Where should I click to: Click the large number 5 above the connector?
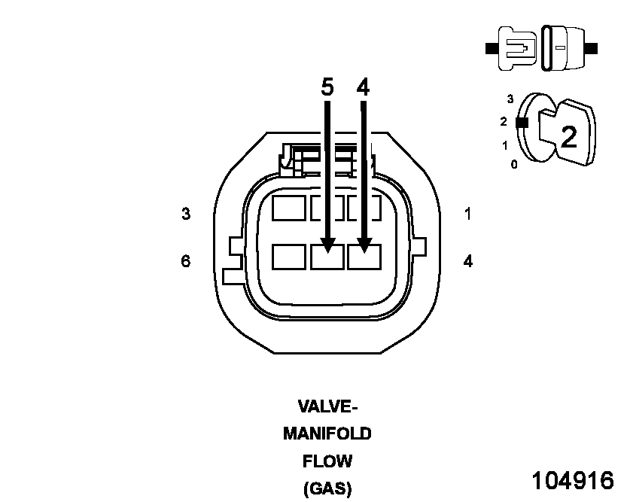click(327, 87)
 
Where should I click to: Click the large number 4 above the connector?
click(364, 87)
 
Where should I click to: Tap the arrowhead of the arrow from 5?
click(327, 244)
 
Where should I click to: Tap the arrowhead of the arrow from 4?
click(364, 244)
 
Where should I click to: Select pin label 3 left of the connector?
click(186, 214)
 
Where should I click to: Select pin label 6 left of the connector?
click(186, 261)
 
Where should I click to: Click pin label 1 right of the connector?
click(467, 214)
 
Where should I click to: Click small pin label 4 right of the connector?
click(467, 262)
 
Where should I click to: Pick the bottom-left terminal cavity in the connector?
click(289, 257)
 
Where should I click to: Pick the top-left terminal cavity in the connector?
click(289, 208)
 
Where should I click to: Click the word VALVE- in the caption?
click(327, 407)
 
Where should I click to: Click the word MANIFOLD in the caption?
click(327, 434)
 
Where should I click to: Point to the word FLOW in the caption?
click(327, 461)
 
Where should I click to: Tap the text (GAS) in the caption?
click(327, 488)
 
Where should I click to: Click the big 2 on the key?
click(568, 136)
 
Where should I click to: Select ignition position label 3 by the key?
click(510, 99)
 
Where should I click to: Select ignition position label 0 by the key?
click(514, 164)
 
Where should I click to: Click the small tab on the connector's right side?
click(419, 246)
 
